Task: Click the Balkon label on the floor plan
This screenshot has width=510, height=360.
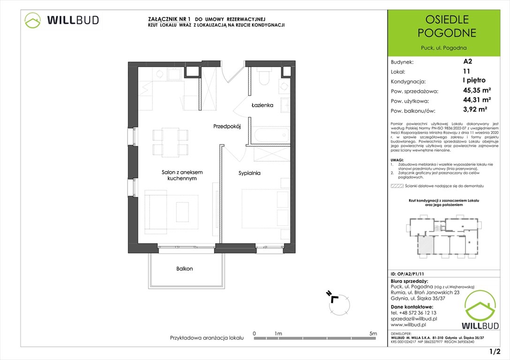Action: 184,269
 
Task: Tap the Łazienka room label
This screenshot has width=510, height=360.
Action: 262,105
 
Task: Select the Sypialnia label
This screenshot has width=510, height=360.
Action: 249,173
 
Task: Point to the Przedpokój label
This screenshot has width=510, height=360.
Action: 227,126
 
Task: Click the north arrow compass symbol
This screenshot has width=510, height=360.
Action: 339,303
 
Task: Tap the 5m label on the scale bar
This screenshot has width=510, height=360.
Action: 373,333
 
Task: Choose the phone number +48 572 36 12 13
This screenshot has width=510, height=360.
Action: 413,313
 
